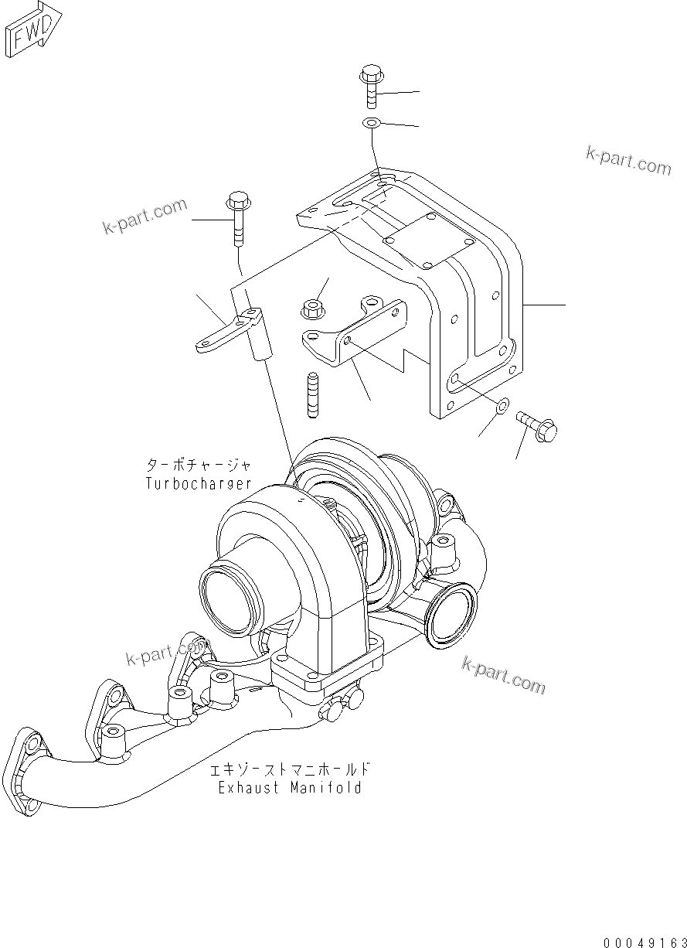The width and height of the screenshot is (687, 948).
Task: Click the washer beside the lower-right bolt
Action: point(502,405)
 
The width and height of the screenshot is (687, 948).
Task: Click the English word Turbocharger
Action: point(199,484)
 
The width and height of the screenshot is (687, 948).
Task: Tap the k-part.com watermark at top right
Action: point(628,161)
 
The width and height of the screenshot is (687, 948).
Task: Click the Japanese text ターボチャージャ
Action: point(199,465)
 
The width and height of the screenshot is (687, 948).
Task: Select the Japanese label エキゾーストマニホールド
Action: point(291,771)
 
